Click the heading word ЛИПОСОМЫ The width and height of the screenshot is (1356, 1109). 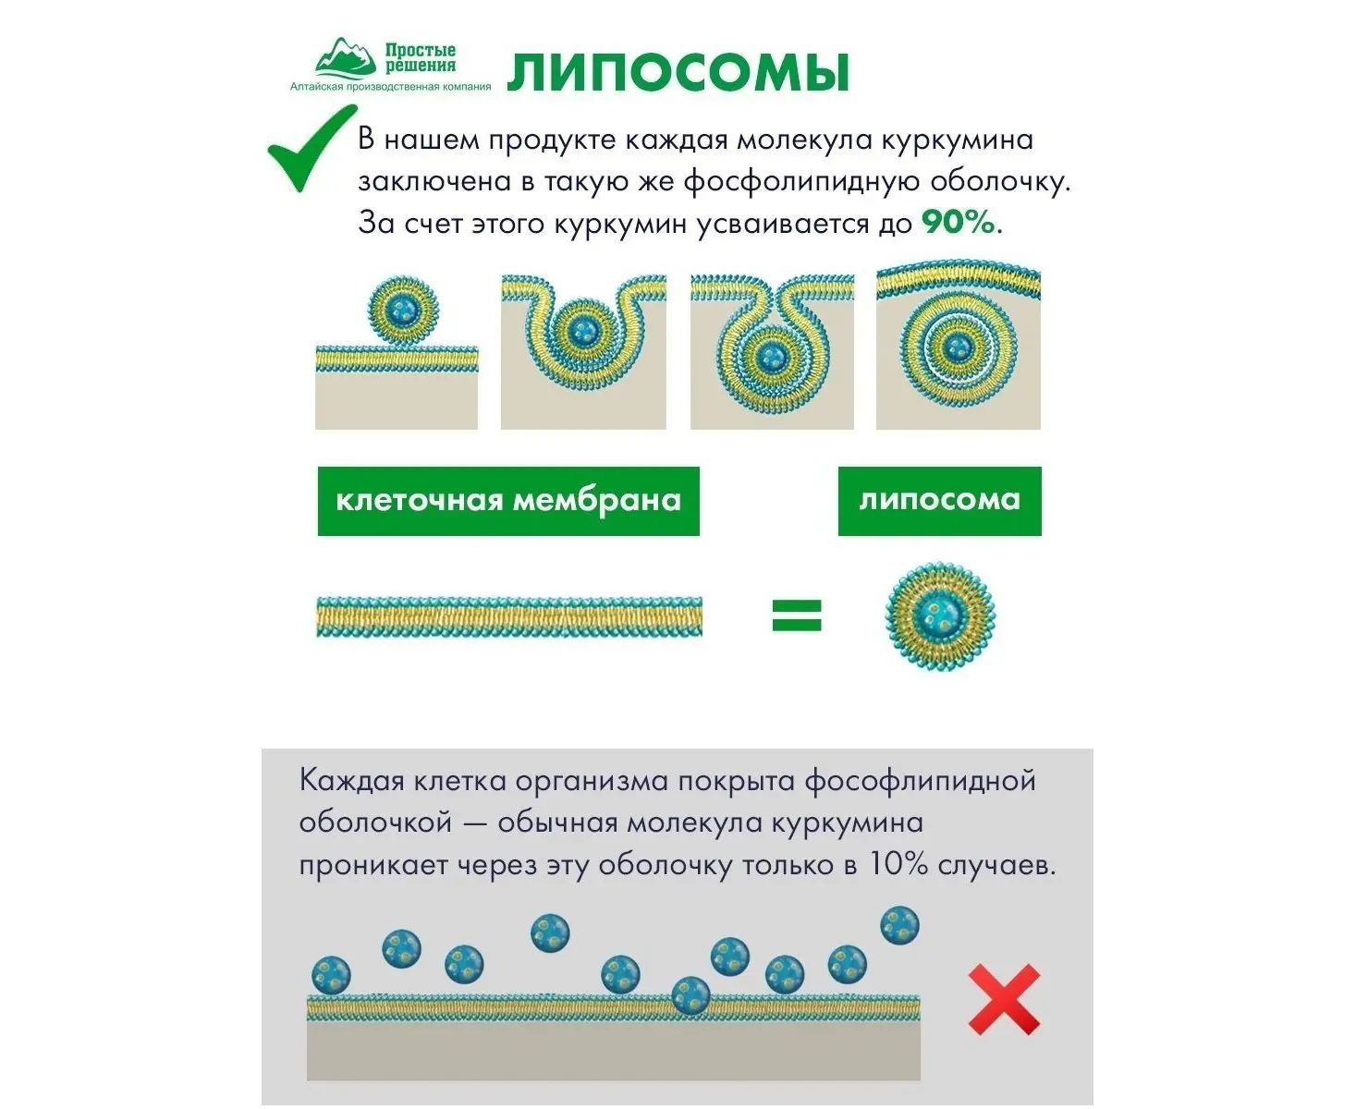[x=678, y=73]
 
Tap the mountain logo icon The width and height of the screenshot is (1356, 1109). [x=344, y=58]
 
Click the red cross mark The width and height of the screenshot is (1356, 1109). [x=1004, y=1000]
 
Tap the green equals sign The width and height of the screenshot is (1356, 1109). [x=796, y=615]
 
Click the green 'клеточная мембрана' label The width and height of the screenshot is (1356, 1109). [x=508, y=501]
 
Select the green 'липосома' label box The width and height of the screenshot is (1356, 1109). [x=939, y=501]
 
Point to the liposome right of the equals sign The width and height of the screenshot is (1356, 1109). [x=939, y=615]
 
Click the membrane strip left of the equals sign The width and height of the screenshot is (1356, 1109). [x=508, y=616]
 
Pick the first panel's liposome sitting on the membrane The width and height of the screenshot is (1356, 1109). [x=403, y=309]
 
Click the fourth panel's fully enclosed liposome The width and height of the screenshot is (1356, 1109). [x=959, y=347]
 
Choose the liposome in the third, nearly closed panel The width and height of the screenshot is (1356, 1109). [x=771, y=352]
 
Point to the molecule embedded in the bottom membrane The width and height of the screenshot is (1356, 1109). [x=690, y=995]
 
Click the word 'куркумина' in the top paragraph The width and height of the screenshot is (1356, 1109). [x=957, y=140]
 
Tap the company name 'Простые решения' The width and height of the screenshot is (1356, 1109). [x=421, y=57]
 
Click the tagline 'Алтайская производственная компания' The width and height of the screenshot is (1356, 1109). [x=390, y=87]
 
